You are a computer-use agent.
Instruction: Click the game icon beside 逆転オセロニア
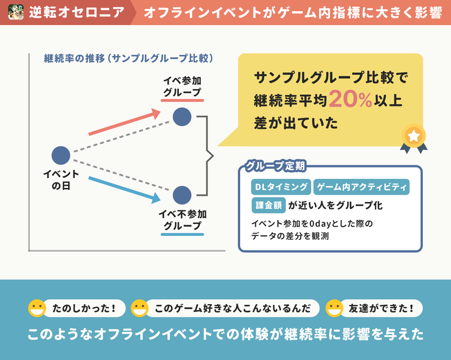16,12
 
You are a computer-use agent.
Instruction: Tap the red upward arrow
124,122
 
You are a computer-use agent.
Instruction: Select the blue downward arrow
124,190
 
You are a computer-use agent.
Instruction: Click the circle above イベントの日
61,156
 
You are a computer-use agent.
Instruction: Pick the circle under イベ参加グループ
182,117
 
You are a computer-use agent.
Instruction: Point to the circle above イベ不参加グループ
182,195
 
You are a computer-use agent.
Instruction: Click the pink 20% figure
351,99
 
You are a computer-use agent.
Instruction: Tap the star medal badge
414,138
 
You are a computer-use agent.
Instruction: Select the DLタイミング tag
281,187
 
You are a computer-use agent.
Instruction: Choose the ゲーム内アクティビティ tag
361,187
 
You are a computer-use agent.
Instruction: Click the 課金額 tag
269,205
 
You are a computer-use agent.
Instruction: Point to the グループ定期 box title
275,166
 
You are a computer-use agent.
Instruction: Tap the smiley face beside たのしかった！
37,308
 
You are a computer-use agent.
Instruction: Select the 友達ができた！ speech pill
381,308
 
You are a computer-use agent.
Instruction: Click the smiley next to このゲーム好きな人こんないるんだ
139,308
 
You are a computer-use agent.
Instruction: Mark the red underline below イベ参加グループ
182,100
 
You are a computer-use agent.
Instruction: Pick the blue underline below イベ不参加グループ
182,234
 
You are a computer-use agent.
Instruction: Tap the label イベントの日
61,179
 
